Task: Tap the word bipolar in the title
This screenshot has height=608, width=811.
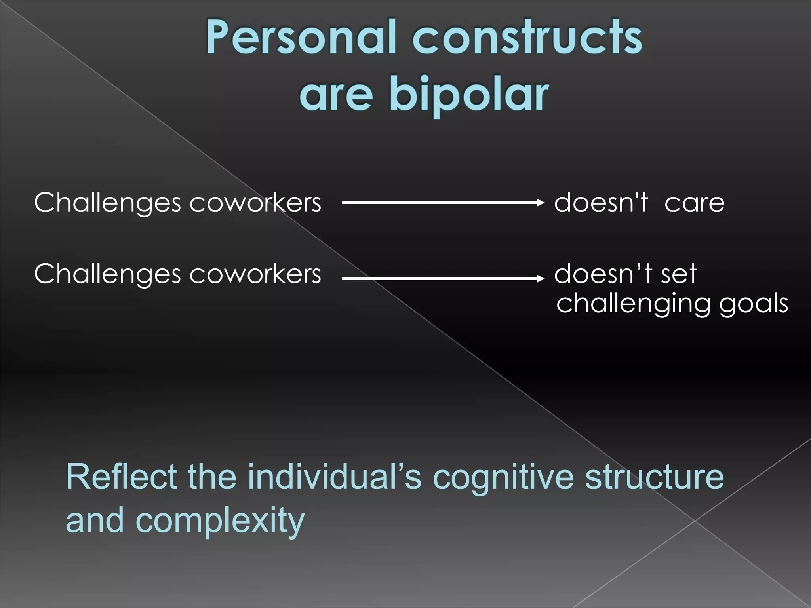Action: click(469, 95)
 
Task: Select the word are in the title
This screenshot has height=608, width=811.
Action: click(336, 95)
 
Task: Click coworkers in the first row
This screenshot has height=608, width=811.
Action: click(255, 203)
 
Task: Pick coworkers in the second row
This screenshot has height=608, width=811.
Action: click(255, 274)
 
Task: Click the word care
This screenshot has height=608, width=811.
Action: click(694, 203)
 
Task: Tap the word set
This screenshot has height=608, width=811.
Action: click(678, 274)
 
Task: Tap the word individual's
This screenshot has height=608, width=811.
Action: click(335, 477)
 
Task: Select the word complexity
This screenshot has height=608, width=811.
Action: click(220, 521)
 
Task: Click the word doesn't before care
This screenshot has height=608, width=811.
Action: click(601, 203)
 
